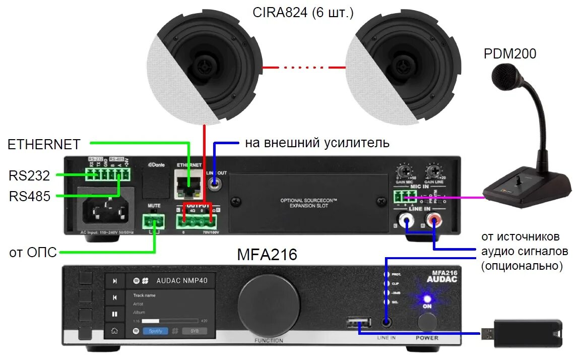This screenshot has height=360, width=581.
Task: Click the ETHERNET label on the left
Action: [44, 145]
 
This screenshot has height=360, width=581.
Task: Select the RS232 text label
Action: [30, 175]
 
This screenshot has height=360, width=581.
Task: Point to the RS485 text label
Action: [30, 196]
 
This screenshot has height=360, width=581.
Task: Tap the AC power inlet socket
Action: [104, 207]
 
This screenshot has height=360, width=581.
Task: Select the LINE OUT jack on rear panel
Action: [216, 185]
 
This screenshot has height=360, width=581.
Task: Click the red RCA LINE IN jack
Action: [433, 219]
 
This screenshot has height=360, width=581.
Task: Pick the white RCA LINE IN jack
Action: [406, 219]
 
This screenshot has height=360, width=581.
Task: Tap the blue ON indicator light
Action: [427, 298]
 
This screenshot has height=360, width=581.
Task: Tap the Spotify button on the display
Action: [155, 331]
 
